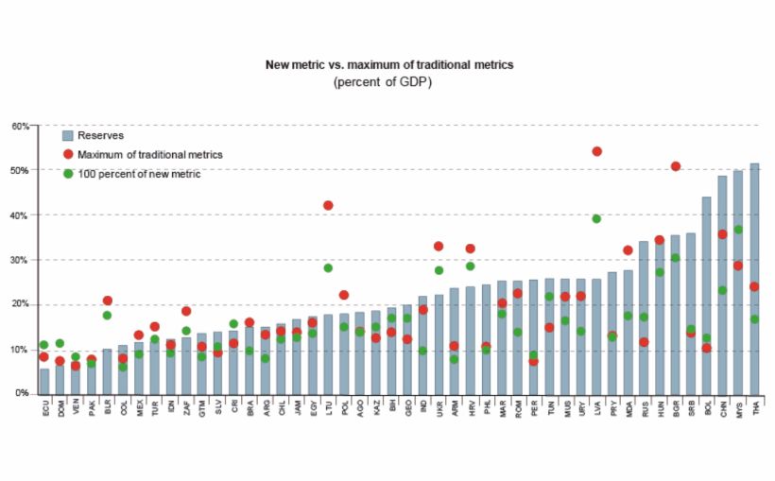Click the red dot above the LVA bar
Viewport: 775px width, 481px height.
(x=596, y=151)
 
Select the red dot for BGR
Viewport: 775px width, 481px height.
(x=676, y=166)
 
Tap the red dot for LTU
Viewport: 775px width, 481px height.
(x=328, y=205)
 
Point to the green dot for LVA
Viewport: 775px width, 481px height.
(x=596, y=218)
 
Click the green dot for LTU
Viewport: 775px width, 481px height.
(x=328, y=267)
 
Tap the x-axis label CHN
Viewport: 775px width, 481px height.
(x=723, y=411)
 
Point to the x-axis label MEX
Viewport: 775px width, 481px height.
(x=139, y=411)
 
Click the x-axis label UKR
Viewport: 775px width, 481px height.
(x=439, y=411)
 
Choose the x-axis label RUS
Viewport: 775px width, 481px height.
(x=644, y=411)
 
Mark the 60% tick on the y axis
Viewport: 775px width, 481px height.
(x=21, y=126)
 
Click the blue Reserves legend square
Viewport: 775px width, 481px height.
(x=67, y=135)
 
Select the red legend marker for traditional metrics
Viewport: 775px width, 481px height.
(x=67, y=154)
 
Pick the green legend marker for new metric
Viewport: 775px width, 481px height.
(x=67, y=173)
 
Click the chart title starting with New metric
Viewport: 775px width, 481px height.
(x=388, y=65)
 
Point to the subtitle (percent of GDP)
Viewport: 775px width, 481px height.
(x=388, y=82)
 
